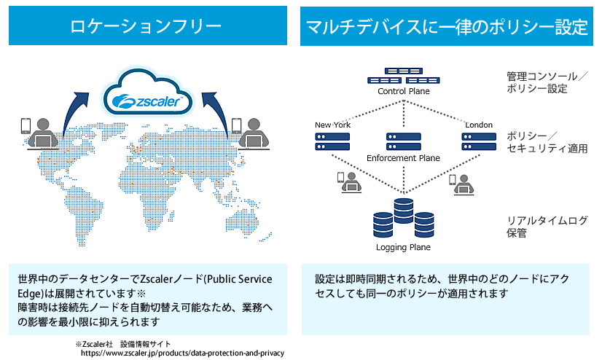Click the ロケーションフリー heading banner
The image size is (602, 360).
(x=151, y=28)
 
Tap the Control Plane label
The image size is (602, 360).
(x=403, y=92)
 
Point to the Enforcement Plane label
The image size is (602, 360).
(x=403, y=157)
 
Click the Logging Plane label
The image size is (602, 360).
(x=403, y=247)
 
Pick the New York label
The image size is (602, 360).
(x=333, y=125)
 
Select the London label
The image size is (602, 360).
(x=478, y=125)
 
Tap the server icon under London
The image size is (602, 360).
(x=478, y=141)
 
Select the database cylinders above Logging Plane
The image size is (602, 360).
(x=403, y=218)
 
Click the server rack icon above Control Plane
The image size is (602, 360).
(x=403, y=77)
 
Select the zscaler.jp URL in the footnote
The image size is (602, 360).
(x=182, y=353)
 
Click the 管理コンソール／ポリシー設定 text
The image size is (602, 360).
(x=543, y=82)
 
